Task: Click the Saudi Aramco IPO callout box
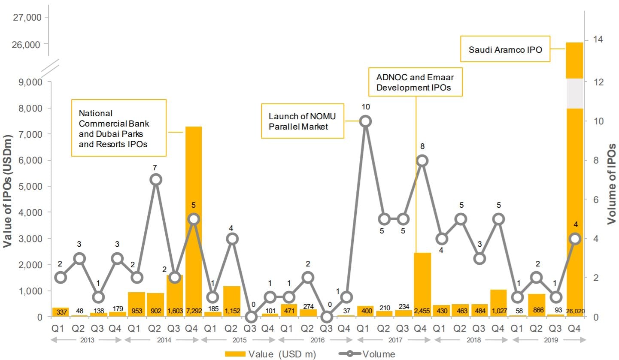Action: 505,50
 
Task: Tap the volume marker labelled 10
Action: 365,121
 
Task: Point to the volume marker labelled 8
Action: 422,160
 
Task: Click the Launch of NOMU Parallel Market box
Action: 303,121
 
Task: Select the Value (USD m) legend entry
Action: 270,354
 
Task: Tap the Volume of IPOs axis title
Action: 611,184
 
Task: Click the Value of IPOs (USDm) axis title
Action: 8,191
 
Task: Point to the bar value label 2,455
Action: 422,310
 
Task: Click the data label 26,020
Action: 575,310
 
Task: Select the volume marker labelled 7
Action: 156,180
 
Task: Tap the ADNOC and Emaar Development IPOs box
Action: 415,82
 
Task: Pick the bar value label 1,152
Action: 232,310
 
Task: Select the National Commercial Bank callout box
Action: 118,128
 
